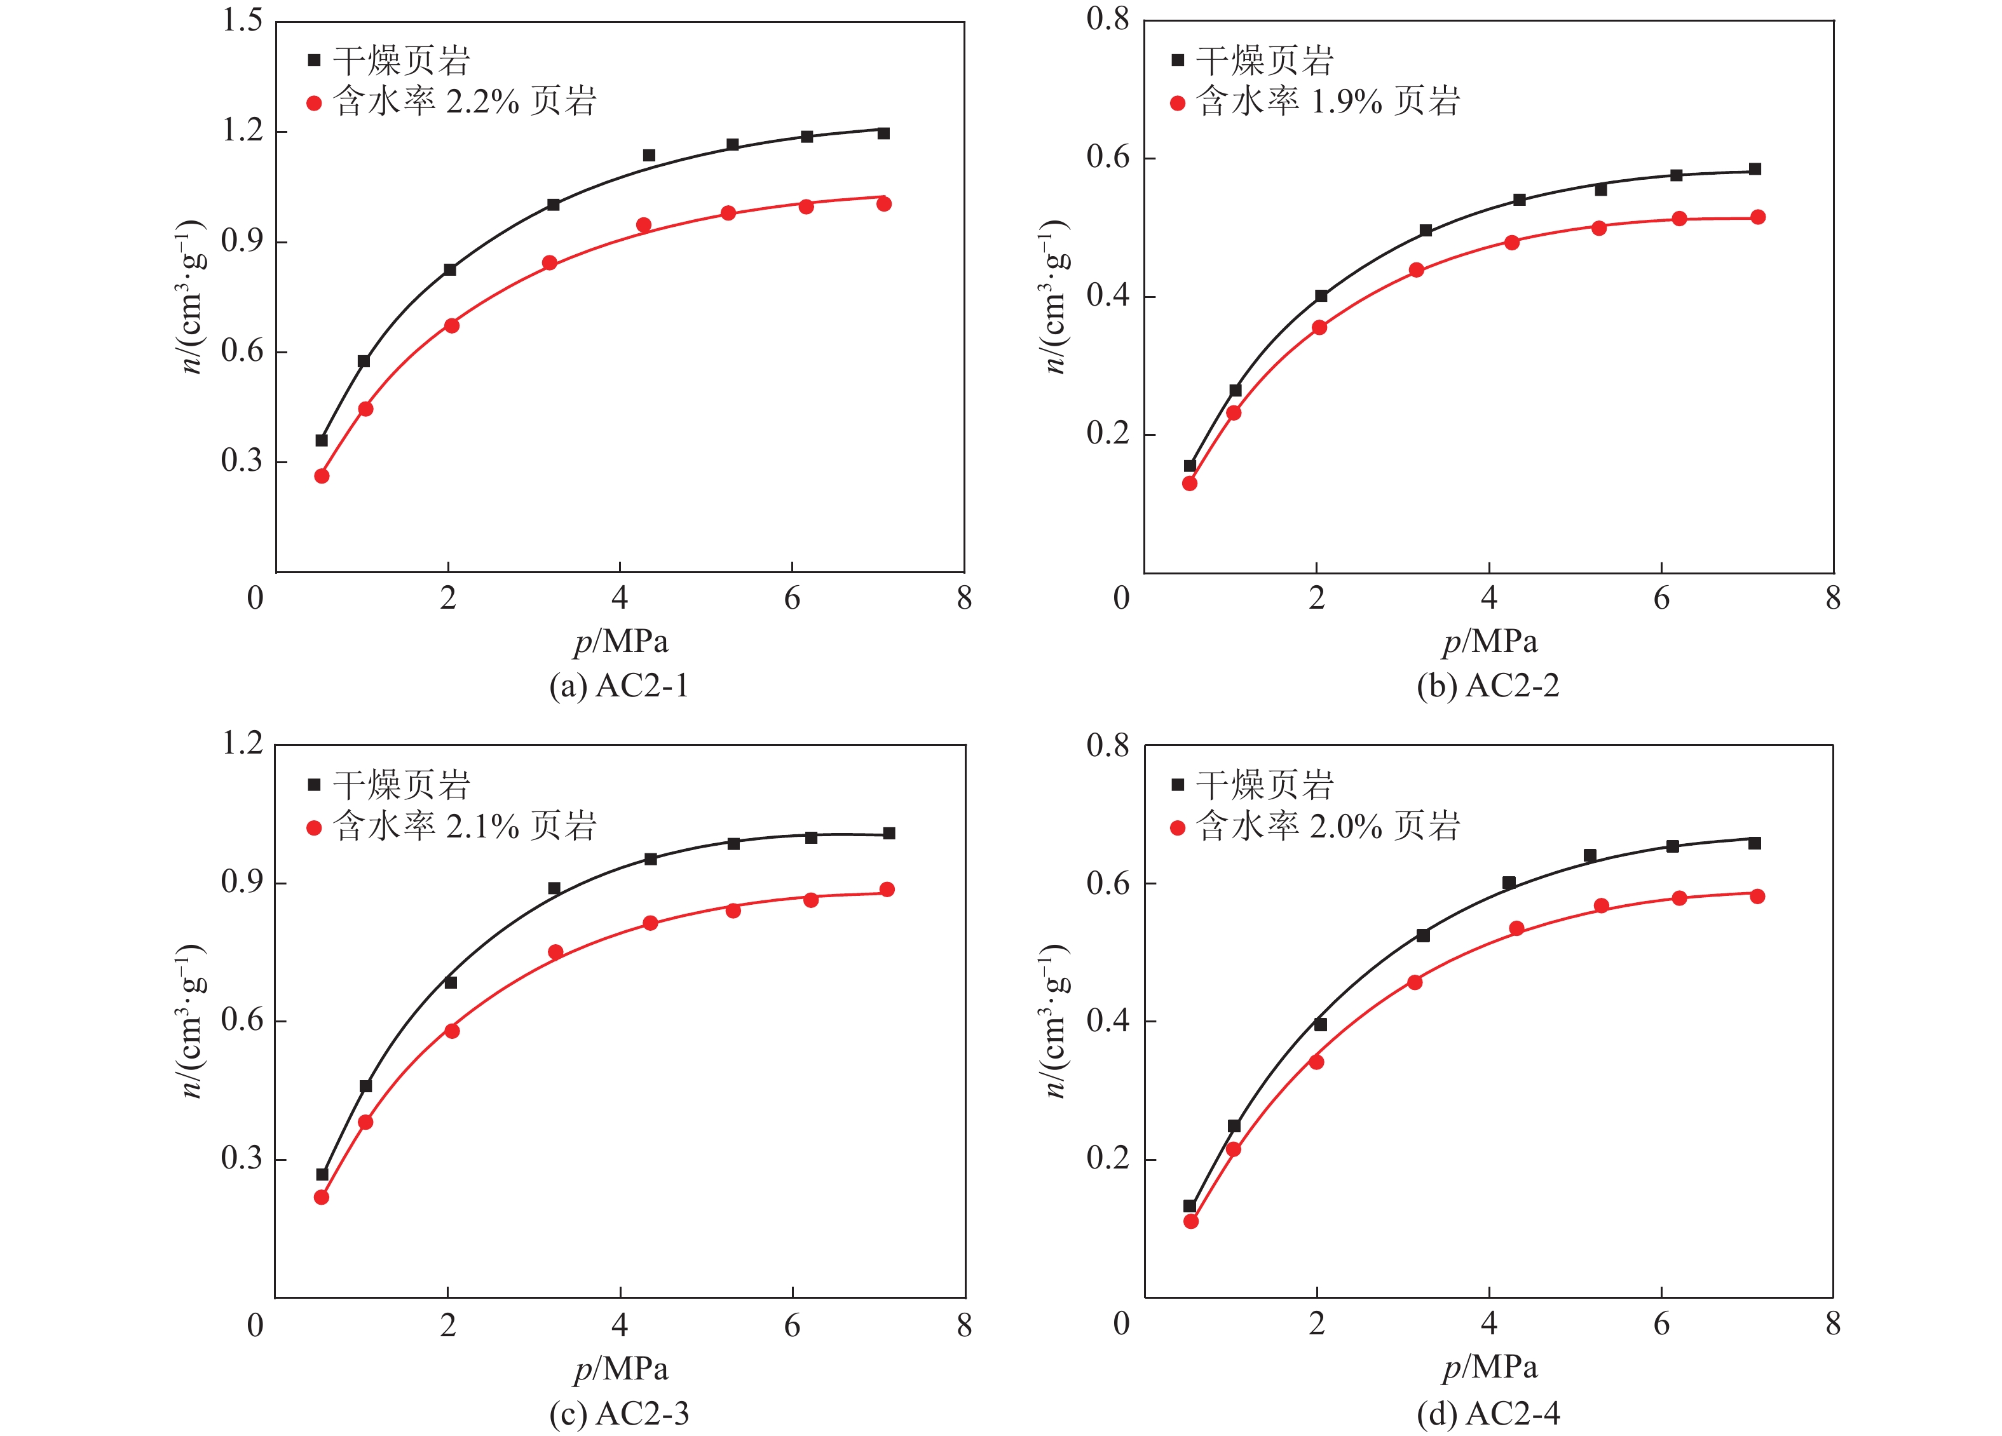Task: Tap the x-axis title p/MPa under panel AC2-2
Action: pyautogui.click(x=1490, y=642)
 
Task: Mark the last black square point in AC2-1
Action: pyautogui.click(x=883, y=133)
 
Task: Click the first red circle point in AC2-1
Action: pyautogui.click(x=322, y=476)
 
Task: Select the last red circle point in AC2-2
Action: pyautogui.click(x=1757, y=217)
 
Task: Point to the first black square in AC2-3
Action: pyautogui.click(x=322, y=1174)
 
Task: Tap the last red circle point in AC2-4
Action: pyautogui.click(x=1757, y=897)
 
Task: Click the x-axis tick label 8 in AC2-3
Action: pyautogui.click(x=964, y=1325)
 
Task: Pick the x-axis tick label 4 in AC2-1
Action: pyautogui.click(x=620, y=599)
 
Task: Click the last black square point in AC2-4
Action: pyautogui.click(x=1755, y=843)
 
